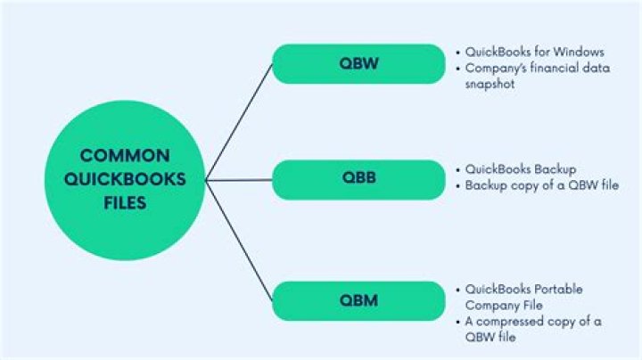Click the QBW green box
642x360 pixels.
click(x=358, y=63)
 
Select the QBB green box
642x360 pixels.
click(x=358, y=178)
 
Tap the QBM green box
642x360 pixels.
click(x=358, y=300)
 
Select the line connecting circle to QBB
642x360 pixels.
click(x=239, y=179)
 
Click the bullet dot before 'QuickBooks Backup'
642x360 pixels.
click(x=457, y=168)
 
